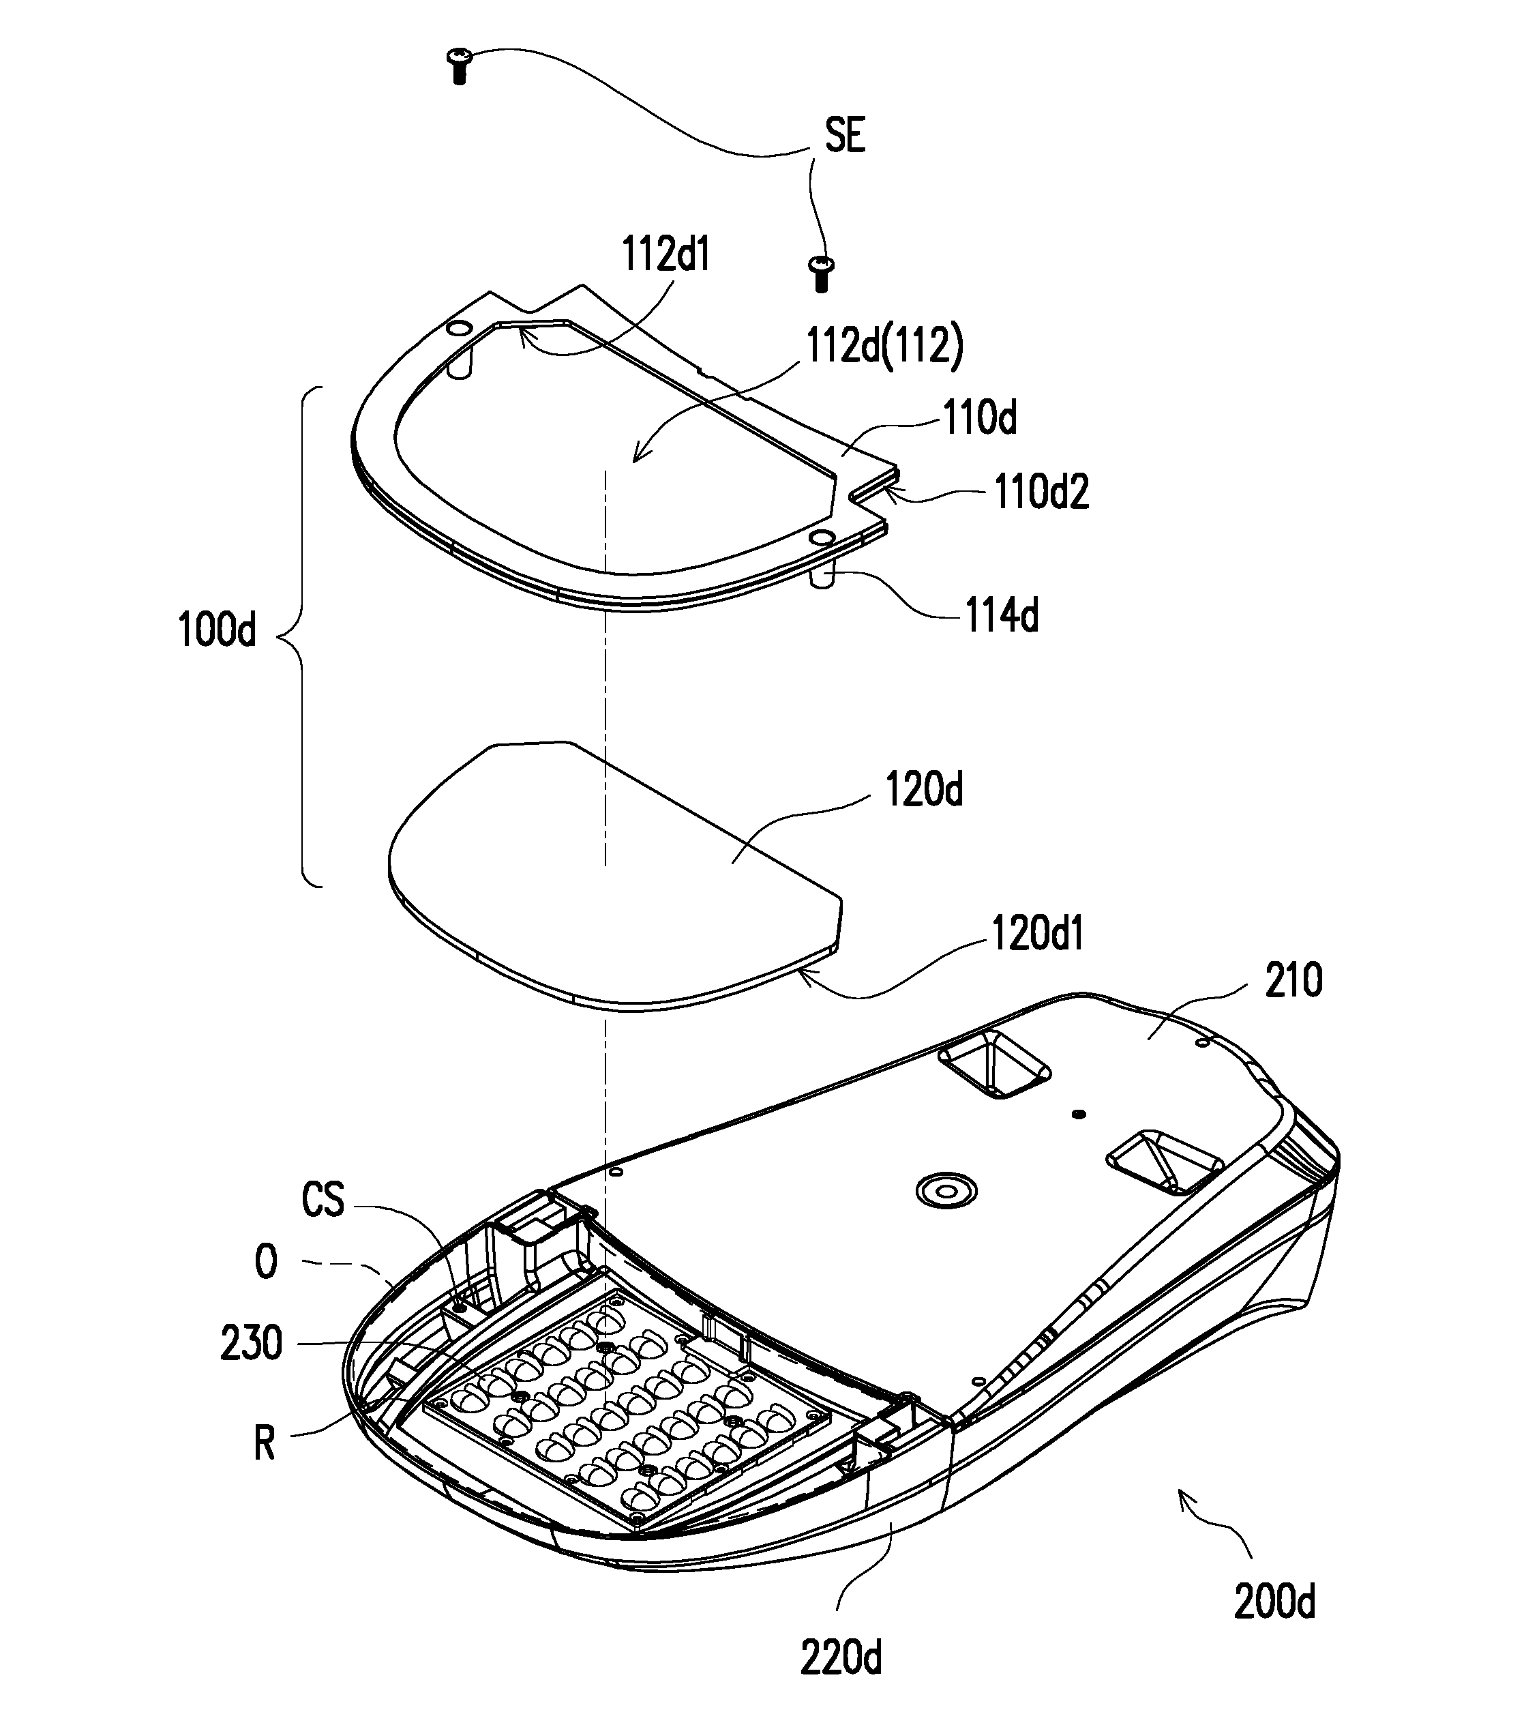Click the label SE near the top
coord(846,135)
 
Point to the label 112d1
coord(666,254)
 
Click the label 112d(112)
coord(885,346)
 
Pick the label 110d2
coord(1042,492)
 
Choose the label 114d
coord(1002,615)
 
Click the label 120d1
coord(1038,934)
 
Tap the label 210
coord(1293,981)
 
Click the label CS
coord(323,1200)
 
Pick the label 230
coord(251,1344)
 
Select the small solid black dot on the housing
coord(1077,1115)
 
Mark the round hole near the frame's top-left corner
coord(457,327)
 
